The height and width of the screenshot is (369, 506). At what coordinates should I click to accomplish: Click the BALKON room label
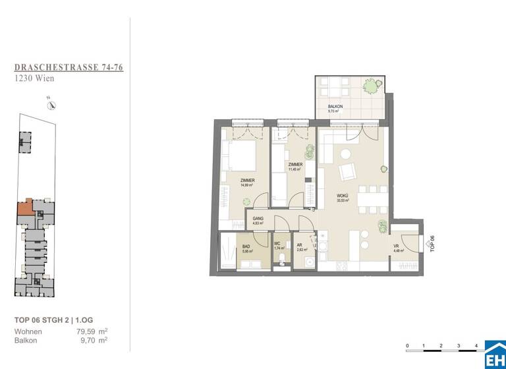[334, 107]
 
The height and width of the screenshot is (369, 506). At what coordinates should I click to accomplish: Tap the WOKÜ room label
[343, 195]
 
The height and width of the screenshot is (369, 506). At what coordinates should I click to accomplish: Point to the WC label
[279, 246]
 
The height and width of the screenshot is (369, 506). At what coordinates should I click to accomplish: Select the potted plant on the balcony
[372, 86]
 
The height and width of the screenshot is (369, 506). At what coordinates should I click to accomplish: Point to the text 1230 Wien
[34, 78]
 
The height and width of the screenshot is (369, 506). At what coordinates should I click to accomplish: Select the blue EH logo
[494, 356]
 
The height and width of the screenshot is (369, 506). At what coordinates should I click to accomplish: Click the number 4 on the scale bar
[475, 345]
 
